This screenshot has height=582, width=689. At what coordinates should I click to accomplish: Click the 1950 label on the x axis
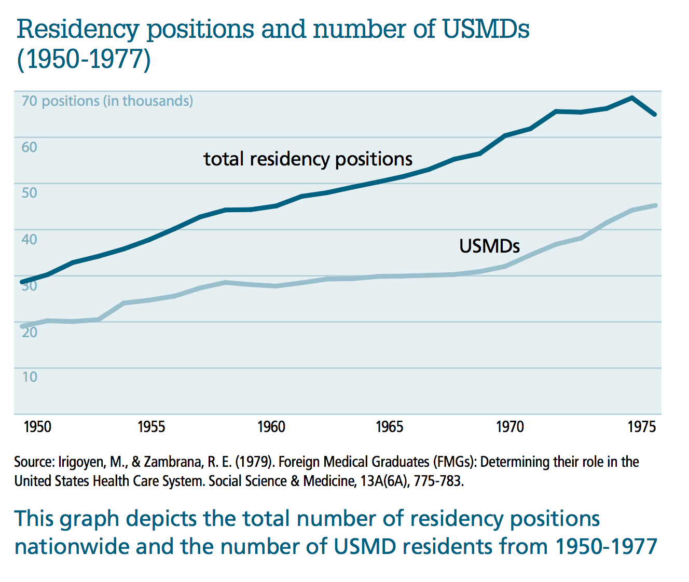pos(37,427)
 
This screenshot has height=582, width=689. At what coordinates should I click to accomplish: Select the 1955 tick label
pos(151,427)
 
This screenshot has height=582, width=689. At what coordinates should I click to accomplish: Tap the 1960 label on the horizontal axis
pos(271,427)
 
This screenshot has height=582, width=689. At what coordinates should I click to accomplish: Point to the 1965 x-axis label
pos(389,427)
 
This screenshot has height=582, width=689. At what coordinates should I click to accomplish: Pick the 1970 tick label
pos(510,427)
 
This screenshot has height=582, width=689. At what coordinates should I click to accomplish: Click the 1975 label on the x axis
pos(642,427)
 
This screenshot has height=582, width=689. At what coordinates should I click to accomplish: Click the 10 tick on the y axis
pos(30,377)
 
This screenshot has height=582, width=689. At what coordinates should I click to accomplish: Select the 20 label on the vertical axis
pos(30,331)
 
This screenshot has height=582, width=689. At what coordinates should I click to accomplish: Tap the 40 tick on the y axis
pos(30,239)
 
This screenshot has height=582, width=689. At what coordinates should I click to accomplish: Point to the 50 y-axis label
pos(30,193)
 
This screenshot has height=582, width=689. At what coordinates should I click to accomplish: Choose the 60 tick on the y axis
pos(30,147)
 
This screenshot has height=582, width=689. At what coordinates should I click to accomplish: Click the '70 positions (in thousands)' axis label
pos(107,101)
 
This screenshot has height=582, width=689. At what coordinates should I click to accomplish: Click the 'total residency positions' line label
pos(308,159)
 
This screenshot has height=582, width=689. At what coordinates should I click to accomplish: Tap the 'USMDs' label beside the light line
pos(489,246)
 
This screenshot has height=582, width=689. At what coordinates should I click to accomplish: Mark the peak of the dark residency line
pos(631,98)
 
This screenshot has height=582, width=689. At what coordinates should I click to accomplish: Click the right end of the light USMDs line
pos(655,205)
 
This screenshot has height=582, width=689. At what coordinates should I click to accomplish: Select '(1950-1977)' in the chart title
pos(84,59)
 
